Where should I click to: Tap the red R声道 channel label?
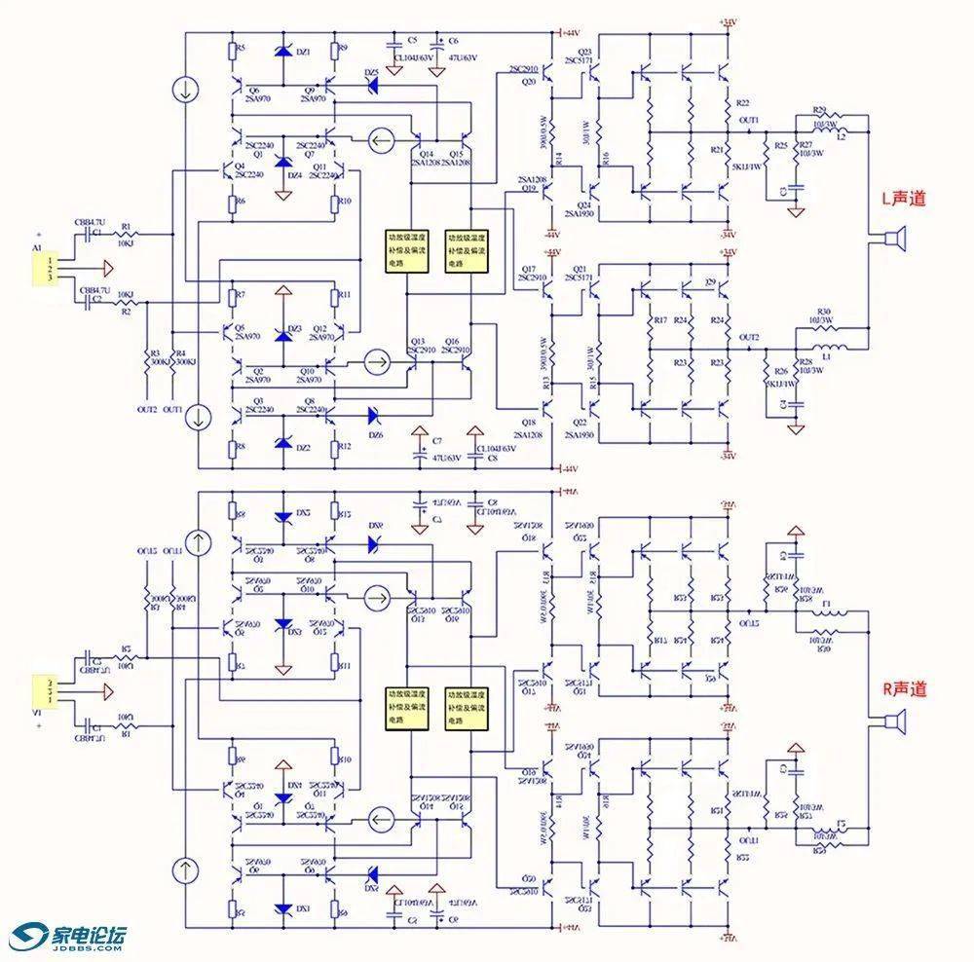(904, 688)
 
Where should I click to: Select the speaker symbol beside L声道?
(892, 239)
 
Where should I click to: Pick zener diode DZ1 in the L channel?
(283, 53)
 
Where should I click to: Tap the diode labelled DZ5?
(371, 87)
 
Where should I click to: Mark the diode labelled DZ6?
(371, 414)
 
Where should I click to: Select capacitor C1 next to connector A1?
(94, 235)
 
